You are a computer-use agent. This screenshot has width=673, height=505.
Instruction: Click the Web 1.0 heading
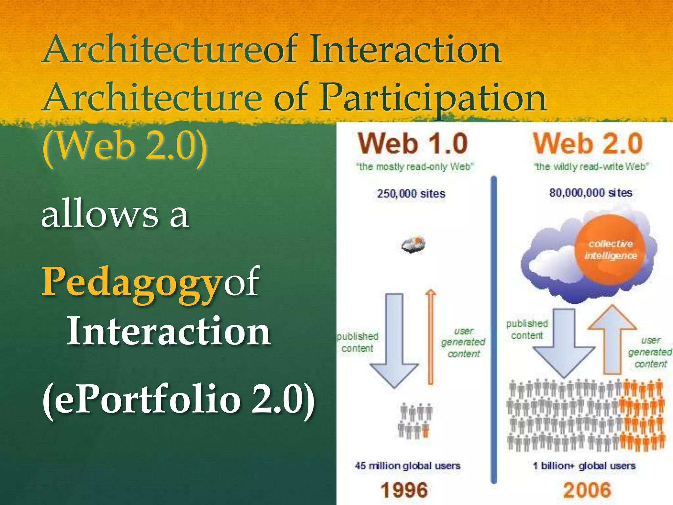[413, 143]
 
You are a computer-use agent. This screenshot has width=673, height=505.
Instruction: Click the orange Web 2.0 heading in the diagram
[588, 143]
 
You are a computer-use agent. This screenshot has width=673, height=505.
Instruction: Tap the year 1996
[404, 490]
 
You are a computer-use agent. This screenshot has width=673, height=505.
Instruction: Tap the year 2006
[587, 490]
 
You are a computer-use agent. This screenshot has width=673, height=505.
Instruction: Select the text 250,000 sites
[411, 193]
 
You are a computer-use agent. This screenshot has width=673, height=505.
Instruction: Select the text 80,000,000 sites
[591, 192]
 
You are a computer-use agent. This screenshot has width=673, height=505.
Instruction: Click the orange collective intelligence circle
[611, 250]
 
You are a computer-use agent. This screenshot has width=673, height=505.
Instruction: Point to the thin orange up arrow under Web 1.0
[430, 339]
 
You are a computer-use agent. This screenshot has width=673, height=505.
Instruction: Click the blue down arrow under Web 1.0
[394, 342]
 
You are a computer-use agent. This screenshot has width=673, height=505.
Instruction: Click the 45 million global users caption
[407, 466]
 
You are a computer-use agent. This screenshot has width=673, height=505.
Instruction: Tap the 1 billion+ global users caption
[584, 466]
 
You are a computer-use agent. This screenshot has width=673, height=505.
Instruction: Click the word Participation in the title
[433, 97]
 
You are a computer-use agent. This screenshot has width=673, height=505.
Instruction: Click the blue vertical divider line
[494, 329]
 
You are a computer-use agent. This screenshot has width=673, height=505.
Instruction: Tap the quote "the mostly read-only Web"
[415, 167]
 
